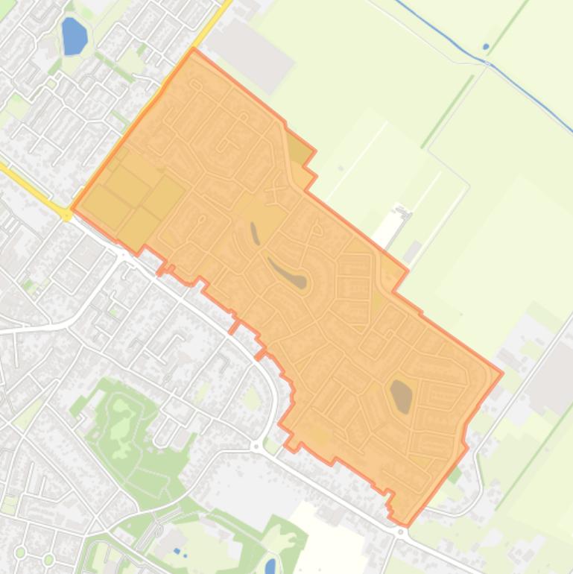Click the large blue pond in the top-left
[74, 37]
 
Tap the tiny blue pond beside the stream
[486, 47]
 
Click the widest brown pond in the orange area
[401, 396]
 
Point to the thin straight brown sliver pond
[255, 233]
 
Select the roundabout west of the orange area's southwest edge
[256, 446]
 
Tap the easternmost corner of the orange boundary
[502, 373]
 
